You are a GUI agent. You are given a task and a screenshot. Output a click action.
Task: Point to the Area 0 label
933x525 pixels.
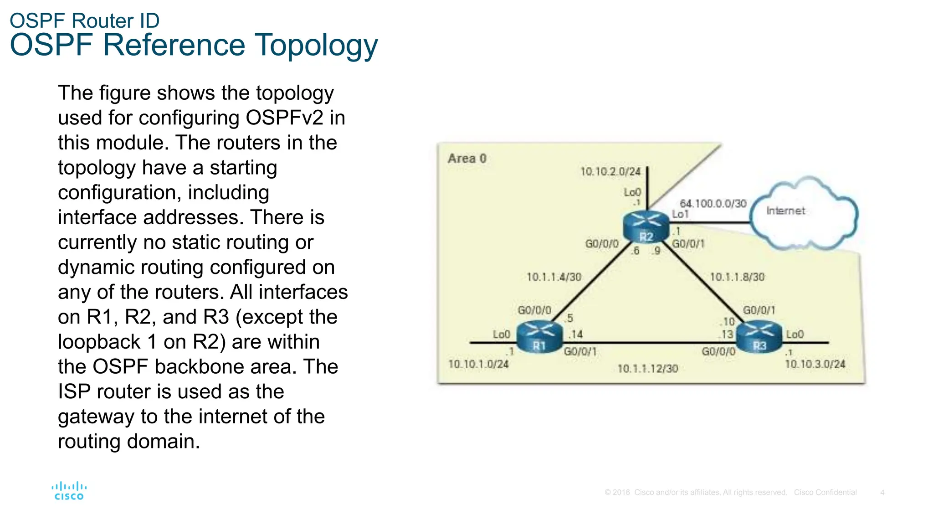click(x=467, y=159)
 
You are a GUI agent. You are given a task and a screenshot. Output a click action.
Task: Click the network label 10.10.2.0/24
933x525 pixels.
click(x=610, y=172)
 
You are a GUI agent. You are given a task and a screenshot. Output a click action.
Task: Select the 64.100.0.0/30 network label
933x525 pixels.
click(x=713, y=203)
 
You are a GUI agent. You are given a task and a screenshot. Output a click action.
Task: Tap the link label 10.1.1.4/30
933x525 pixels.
click(x=554, y=277)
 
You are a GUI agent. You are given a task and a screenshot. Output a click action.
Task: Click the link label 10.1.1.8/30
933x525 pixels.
click(x=737, y=277)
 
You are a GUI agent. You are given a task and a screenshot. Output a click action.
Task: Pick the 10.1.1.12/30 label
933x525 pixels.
click(x=647, y=369)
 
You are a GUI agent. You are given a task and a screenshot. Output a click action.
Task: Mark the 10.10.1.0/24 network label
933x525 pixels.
click(x=478, y=364)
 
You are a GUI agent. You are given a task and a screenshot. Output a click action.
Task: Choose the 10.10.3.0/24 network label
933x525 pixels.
click(x=815, y=364)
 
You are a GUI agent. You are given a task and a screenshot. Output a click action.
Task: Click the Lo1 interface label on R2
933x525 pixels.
click(x=680, y=214)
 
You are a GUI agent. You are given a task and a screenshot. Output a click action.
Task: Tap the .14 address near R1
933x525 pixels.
click(x=576, y=335)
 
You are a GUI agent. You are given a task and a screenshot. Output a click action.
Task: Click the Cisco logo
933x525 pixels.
click(x=69, y=491)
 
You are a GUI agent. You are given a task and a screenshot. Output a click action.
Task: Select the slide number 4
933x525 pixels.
click(x=882, y=493)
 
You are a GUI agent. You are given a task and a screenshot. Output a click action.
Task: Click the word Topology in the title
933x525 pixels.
click(x=316, y=46)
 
